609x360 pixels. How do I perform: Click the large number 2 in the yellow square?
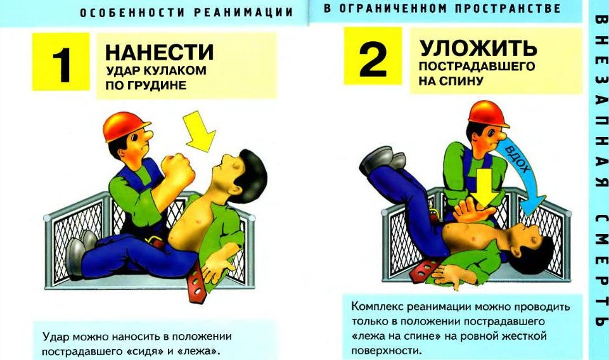[372, 59]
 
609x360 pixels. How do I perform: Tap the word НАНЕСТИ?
[159, 53]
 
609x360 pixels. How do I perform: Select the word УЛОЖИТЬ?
[478, 48]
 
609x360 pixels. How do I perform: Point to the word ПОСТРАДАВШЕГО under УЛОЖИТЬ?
[477, 67]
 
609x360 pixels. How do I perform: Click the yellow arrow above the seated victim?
[199, 131]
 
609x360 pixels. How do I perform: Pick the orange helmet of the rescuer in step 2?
[488, 113]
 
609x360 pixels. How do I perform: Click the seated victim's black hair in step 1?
[252, 175]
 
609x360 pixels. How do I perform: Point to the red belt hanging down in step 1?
[196, 281]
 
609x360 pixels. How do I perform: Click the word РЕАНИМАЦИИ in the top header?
[243, 12]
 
